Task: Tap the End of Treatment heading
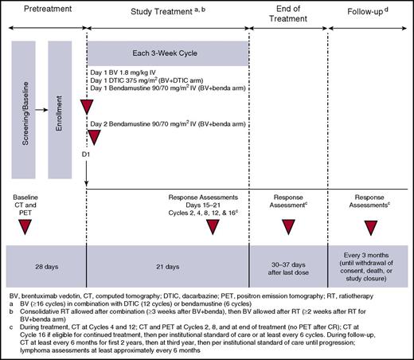289,17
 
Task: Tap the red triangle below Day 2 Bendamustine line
94,137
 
